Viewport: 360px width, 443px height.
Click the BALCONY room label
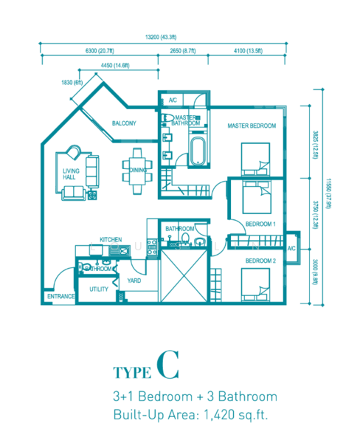pyautogui.click(x=124, y=123)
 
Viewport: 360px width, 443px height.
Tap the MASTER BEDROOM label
pyautogui.click(x=252, y=126)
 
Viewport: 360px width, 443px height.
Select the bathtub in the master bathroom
pyautogui.click(x=198, y=151)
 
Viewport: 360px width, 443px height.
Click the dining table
pyautogui.click(x=137, y=171)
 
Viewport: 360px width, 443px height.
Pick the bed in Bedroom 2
pyautogui.click(x=255, y=285)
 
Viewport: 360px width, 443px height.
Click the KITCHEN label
pyautogui.click(x=111, y=239)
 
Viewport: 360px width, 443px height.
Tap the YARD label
pyautogui.click(x=134, y=281)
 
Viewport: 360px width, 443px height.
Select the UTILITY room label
pyautogui.click(x=99, y=289)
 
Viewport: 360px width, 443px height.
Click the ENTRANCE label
pyautogui.click(x=61, y=296)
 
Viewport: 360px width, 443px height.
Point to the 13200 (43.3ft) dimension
pyautogui.click(x=161, y=37)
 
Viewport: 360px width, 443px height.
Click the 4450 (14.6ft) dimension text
pyautogui.click(x=115, y=66)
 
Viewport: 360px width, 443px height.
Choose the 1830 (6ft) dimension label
pyautogui.click(x=72, y=83)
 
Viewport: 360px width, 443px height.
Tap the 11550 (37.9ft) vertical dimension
pyautogui.click(x=328, y=193)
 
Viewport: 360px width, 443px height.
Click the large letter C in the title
pyautogui.click(x=167, y=365)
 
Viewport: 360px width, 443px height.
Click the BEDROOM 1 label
pyautogui.click(x=260, y=224)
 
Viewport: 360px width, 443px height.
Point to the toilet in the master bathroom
pyautogui.click(x=168, y=118)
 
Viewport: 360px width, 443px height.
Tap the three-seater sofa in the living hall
pyautogui.click(x=92, y=171)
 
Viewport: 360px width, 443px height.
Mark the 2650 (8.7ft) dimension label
pyautogui.click(x=183, y=51)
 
